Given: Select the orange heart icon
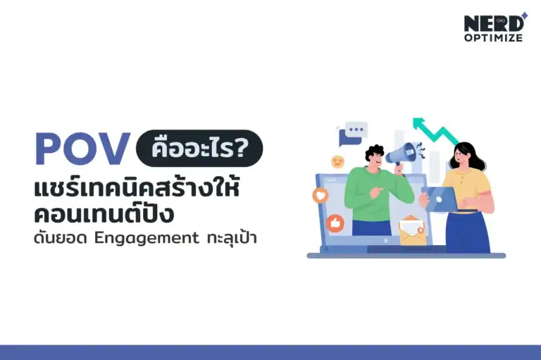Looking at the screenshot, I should [321, 195].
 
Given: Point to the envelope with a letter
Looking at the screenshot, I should [411, 230].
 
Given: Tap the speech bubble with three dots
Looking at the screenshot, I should [354, 132].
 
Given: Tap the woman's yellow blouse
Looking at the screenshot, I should [466, 185].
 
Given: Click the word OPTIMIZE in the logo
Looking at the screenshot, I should [493, 38].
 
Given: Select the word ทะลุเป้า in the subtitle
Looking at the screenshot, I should [232, 237].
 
